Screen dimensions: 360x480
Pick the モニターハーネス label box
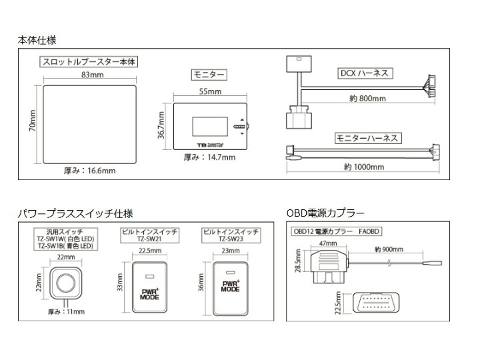pos(365,138)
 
